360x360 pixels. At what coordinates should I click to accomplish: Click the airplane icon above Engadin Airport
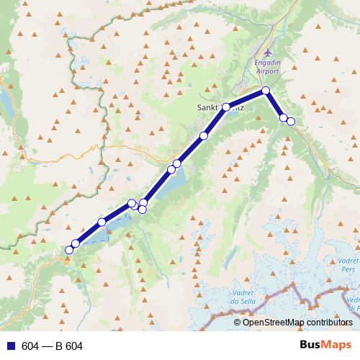pos(269,53)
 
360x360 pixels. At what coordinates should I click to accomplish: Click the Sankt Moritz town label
pos(220,107)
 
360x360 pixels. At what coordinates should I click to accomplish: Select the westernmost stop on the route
pos(69,250)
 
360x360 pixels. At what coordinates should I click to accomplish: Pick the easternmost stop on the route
pos(291,121)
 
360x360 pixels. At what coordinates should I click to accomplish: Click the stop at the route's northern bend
pos(266,91)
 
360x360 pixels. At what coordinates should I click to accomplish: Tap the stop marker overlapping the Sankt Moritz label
pos(226,107)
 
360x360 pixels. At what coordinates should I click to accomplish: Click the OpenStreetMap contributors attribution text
pos(297,323)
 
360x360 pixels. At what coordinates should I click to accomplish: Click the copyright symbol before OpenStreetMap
pos(238,323)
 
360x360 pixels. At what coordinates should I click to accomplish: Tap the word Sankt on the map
pos(209,107)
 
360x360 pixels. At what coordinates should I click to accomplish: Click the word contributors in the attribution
pos(330,323)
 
